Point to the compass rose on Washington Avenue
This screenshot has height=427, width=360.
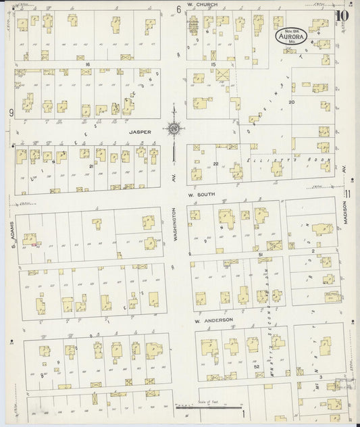coord(174,127)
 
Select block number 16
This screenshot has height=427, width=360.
coord(87,64)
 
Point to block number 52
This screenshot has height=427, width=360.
coord(257,366)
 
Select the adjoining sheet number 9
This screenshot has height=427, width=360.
coord(11,112)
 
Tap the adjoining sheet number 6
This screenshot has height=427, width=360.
coord(179,9)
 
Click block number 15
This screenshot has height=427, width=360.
coord(212,64)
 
